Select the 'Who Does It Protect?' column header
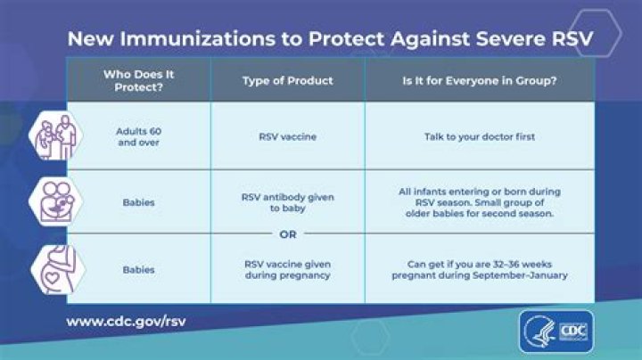coord(138,79)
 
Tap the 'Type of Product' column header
coord(287,80)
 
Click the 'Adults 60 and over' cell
coord(138,135)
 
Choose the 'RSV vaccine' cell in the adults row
coord(287,135)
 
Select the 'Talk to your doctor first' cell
coord(479,135)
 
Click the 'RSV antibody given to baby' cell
coord(287,202)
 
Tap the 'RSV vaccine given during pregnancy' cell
coord(287,269)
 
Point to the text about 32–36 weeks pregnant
coord(479,269)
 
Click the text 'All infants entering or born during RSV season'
coord(479,196)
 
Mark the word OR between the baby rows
coord(287,235)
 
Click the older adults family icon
coord(52,135)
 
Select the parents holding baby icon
coord(52,201)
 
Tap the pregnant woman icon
coord(52,267)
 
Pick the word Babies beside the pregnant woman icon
coord(138,269)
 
